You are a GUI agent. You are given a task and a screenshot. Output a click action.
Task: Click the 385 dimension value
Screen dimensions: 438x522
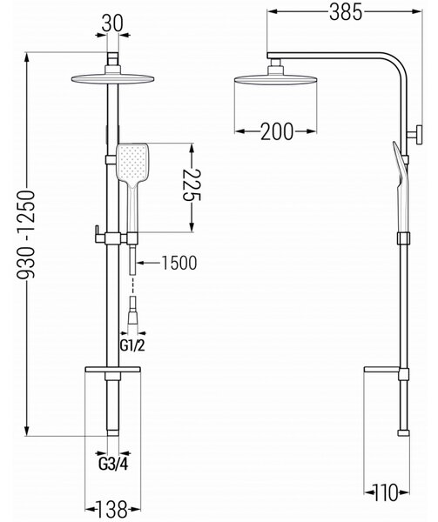[346, 13]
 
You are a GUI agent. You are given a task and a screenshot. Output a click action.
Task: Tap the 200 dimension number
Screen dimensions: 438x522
[276, 131]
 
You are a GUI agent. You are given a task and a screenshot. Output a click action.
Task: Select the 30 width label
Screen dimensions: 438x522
[112, 23]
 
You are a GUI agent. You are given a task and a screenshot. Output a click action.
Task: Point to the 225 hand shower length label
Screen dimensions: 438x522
[192, 184]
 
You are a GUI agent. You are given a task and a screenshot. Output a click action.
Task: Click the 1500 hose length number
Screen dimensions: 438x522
[179, 263]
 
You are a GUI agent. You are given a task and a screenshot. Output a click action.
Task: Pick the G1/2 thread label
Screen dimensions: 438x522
[132, 346]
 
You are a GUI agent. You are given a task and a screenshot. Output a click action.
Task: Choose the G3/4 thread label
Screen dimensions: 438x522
[113, 464]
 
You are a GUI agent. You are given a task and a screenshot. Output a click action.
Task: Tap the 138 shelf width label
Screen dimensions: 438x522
[112, 509]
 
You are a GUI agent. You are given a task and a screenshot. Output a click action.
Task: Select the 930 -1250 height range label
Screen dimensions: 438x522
[25, 234]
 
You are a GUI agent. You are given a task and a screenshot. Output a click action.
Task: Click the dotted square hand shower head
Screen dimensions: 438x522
[132, 164]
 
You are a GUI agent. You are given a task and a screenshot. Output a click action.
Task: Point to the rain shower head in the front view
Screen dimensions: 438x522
[113, 79]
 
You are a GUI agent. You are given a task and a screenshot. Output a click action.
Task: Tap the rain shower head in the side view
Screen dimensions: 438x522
[276, 79]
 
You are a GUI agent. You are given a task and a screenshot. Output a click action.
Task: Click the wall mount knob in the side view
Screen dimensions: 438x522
[418, 134]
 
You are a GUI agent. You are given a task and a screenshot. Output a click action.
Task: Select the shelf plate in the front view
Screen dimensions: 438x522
[113, 370]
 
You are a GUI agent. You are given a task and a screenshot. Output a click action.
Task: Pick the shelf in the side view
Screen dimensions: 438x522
[381, 370]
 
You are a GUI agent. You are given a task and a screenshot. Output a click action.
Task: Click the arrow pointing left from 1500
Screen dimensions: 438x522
[148, 263]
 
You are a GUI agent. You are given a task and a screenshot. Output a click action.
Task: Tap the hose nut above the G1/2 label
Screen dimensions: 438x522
[133, 318]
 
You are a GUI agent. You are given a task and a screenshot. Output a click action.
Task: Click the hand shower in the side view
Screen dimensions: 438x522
[401, 186]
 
